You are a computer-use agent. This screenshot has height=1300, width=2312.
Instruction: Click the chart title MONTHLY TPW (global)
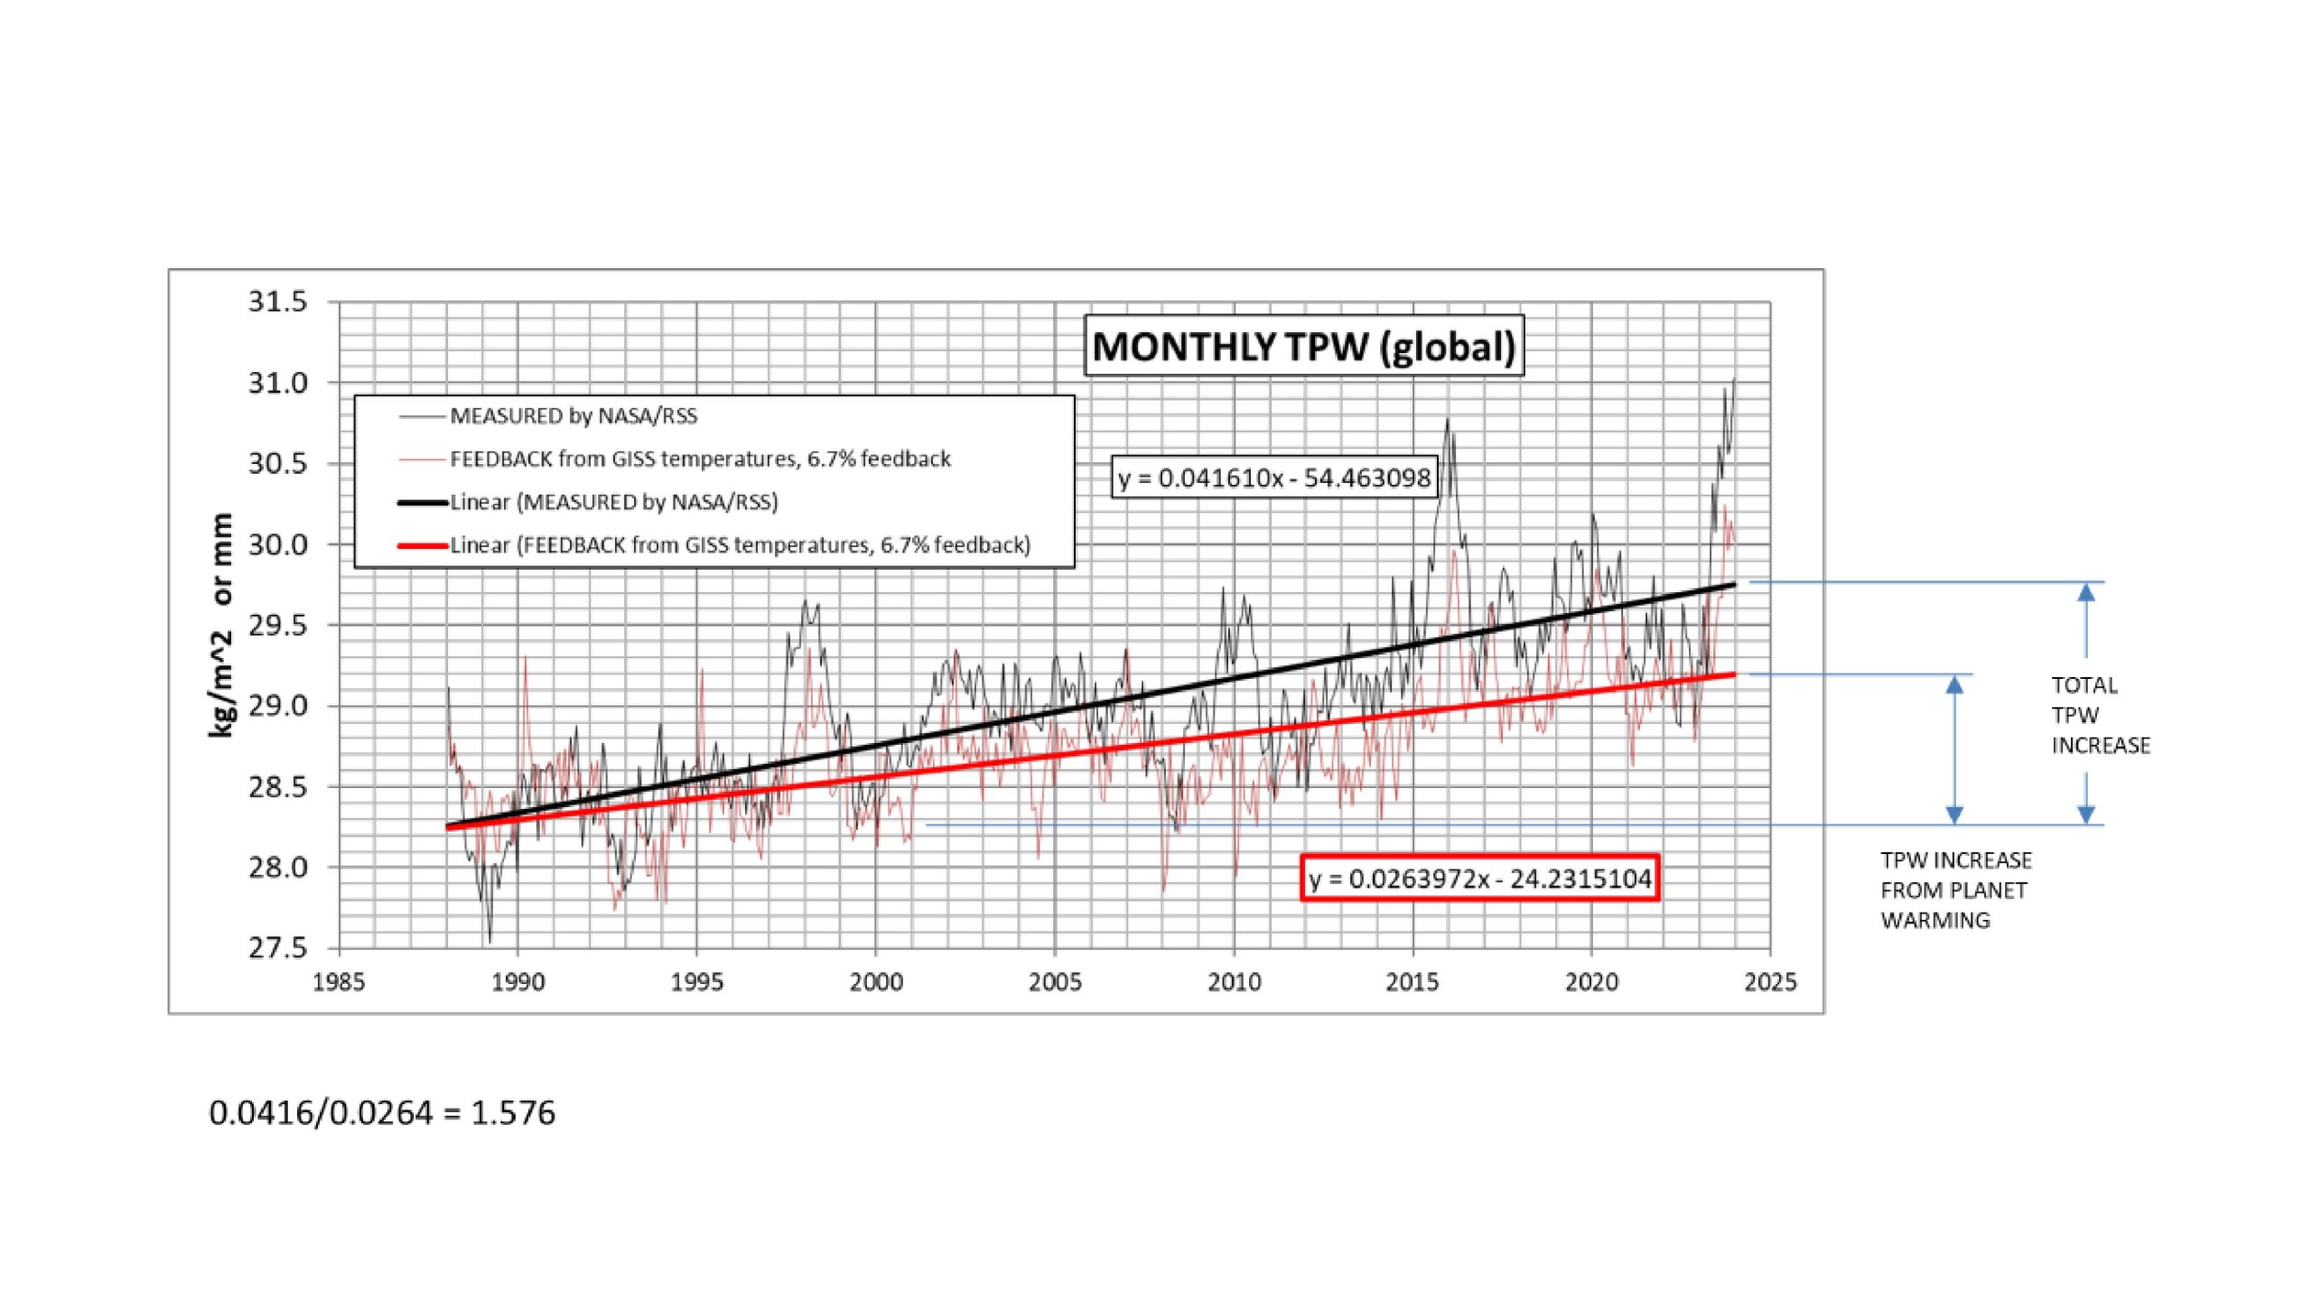(1303, 347)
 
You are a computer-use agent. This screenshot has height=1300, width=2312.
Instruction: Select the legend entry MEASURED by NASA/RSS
(573, 416)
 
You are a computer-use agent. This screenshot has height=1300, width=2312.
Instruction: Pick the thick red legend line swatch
(423, 545)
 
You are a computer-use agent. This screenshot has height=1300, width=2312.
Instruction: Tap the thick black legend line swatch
(423, 502)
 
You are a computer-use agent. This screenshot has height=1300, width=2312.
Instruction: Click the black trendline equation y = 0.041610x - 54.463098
(1274, 478)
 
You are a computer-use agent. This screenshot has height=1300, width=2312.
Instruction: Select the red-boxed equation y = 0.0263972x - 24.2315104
(1480, 878)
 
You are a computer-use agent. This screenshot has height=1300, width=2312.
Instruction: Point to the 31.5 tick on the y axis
(278, 302)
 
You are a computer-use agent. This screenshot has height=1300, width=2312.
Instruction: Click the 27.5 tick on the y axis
(278, 948)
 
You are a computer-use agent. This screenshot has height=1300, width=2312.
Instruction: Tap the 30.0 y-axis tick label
(278, 544)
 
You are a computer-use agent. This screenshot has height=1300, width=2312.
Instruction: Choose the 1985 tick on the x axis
(339, 982)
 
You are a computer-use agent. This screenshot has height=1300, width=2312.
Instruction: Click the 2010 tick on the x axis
(1234, 982)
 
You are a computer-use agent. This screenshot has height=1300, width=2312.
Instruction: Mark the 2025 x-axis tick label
(1770, 982)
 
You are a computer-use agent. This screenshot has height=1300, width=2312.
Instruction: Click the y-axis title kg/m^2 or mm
(221, 625)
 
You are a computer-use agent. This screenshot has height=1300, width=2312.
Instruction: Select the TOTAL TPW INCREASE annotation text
(2100, 715)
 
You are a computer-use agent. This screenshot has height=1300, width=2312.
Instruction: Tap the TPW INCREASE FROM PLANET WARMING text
(1955, 890)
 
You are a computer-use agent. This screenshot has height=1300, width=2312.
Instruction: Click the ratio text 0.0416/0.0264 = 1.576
(382, 1113)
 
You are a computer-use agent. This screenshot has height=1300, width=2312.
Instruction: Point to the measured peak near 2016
(1447, 420)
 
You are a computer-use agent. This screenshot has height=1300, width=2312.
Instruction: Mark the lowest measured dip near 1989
(490, 942)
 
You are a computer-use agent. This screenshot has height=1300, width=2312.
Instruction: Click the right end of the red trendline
(1733, 674)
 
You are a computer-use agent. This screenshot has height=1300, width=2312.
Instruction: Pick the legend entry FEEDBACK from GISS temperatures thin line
(700, 460)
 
